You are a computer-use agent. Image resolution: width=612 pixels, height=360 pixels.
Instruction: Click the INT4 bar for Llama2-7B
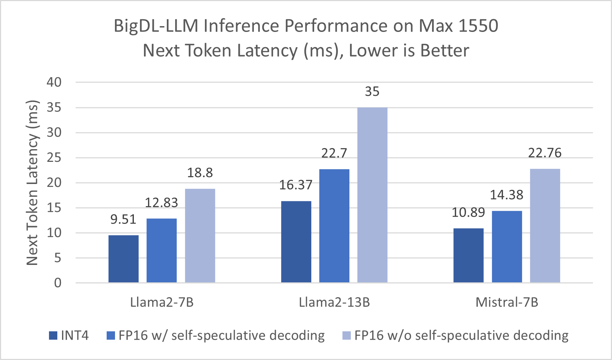(x=123, y=259)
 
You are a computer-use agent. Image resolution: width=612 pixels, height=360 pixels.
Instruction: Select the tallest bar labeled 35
(x=372, y=195)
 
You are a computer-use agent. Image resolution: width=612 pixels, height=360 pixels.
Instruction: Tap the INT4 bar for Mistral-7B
(x=468, y=255)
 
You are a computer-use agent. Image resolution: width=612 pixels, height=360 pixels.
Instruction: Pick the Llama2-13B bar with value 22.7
(x=334, y=226)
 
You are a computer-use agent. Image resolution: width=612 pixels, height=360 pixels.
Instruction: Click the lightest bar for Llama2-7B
(x=200, y=236)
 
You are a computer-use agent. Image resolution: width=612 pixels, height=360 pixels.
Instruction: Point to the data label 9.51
(x=123, y=220)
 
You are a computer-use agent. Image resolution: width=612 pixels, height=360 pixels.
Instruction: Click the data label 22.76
(x=545, y=153)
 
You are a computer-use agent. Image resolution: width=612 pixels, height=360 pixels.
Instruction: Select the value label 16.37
(x=296, y=185)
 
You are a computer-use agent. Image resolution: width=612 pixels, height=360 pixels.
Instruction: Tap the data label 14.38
(x=506, y=195)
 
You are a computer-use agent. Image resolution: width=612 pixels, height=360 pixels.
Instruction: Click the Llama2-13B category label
(x=334, y=302)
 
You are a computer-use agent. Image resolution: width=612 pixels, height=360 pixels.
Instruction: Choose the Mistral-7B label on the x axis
(x=507, y=302)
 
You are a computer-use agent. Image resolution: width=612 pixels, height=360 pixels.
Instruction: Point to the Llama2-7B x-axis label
(x=162, y=302)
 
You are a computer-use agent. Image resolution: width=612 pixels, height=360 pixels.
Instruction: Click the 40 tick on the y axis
(x=54, y=82)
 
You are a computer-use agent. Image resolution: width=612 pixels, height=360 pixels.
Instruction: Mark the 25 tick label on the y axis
(x=54, y=158)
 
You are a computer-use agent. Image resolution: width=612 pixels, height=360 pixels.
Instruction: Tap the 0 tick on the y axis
(x=58, y=283)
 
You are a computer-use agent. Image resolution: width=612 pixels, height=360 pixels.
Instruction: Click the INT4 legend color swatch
(x=53, y=336)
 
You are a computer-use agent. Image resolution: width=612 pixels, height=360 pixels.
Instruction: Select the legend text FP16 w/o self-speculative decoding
(x=461, y=336)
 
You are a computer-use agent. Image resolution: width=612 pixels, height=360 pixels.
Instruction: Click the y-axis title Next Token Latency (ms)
(x=32, y=183)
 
